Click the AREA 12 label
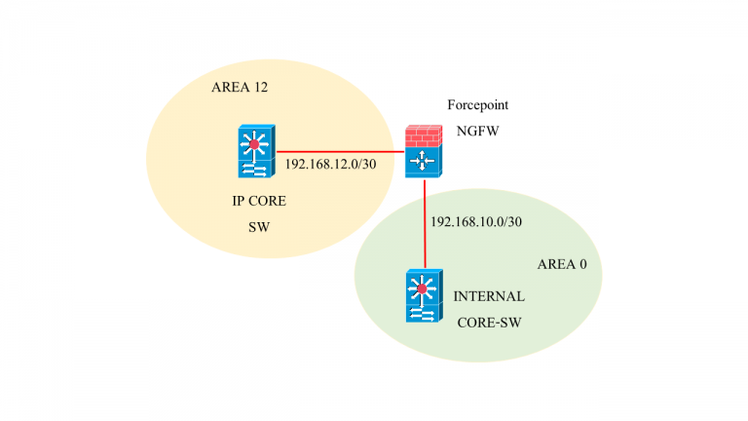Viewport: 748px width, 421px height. [x=239, y=88]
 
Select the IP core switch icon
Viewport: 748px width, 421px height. [x=256, y=152]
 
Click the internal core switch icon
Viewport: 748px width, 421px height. [x=422, y=296]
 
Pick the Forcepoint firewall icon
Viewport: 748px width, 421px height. [x=424, y=150]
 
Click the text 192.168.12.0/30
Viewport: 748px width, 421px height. [x=330, y=163]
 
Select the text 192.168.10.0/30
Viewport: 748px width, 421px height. [x=476, y=222]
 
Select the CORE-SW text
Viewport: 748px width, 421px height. [x=490, y=320]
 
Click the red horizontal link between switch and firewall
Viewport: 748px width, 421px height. [x=341, y=152]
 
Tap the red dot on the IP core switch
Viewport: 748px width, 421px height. [x=255, y=145]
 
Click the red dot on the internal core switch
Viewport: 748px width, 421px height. [x=422, y=289]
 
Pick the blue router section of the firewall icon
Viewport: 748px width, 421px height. [x=424, y=162]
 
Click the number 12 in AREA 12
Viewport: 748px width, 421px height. [x=259, y=88]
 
